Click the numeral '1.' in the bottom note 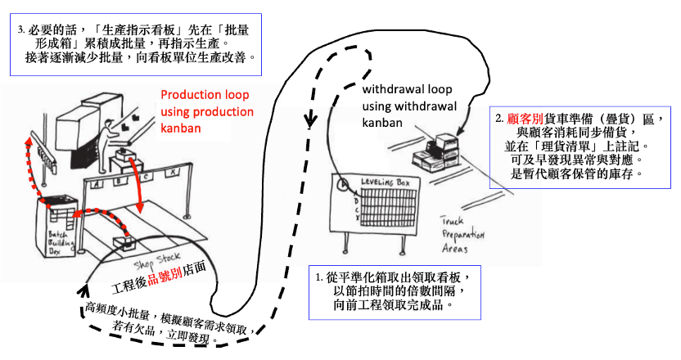click(x=318, y=277)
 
